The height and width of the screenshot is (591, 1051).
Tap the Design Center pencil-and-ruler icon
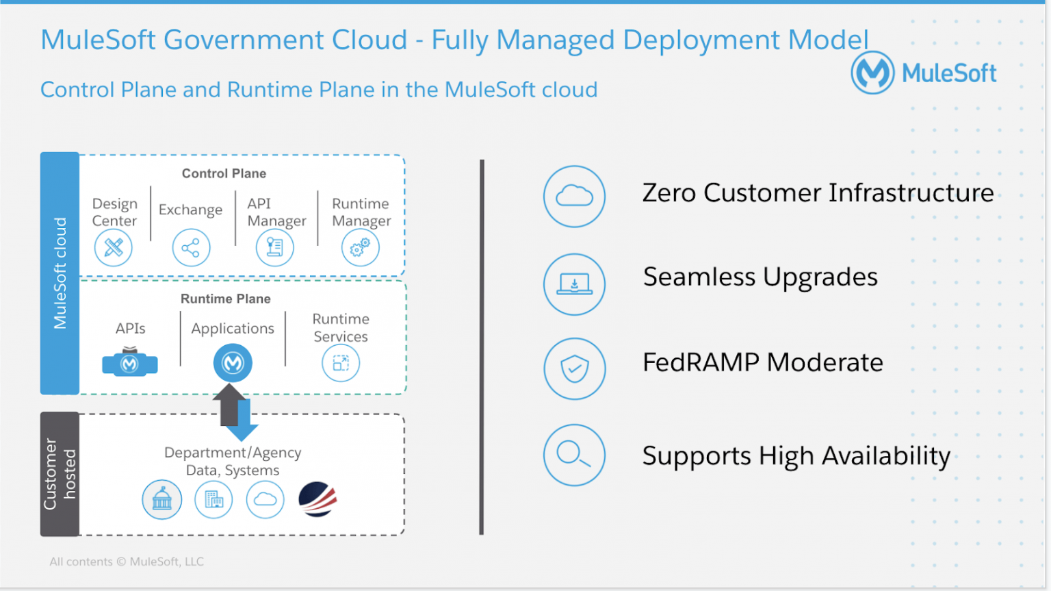(114, 247)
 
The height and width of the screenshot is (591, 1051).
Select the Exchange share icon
(191, 247)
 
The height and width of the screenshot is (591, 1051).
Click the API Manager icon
(274, 247)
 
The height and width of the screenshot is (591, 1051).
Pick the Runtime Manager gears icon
(360, 247)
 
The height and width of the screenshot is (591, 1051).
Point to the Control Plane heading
(224, 174)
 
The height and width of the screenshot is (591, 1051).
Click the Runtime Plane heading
(225, 299)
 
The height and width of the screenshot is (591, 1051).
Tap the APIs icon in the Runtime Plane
(130, 362)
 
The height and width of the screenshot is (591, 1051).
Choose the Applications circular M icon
(233, 363)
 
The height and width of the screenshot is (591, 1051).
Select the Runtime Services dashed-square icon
(340, 363)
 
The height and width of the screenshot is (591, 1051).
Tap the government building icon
(162, 499)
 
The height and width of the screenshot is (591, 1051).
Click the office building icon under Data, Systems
(213, 500)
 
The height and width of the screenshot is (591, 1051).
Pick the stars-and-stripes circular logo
(317, 499)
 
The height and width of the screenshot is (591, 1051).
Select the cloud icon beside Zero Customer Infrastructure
(574, 197)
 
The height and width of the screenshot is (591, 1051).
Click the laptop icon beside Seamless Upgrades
(574, 284)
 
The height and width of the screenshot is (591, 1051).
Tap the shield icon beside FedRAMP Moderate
(574, 368)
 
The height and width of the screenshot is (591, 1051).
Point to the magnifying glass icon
(574, 455)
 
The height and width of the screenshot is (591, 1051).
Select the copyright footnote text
(127, 562)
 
